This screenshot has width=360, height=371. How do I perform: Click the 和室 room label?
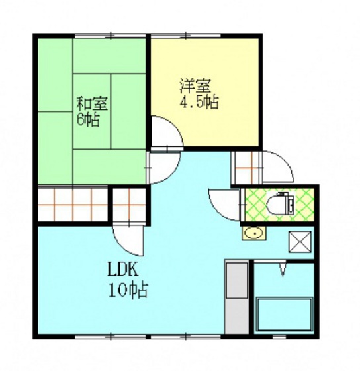click(x=93, y=104)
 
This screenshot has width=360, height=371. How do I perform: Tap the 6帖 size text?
click(x=89, y=122)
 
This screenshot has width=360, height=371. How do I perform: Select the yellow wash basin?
click(x=252, y=233)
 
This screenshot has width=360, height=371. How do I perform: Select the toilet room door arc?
click(x=221, y=201)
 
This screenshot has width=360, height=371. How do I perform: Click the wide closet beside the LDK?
click(x=71, y=205)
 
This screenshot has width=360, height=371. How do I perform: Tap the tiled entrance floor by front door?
click(x=247, y=166)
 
